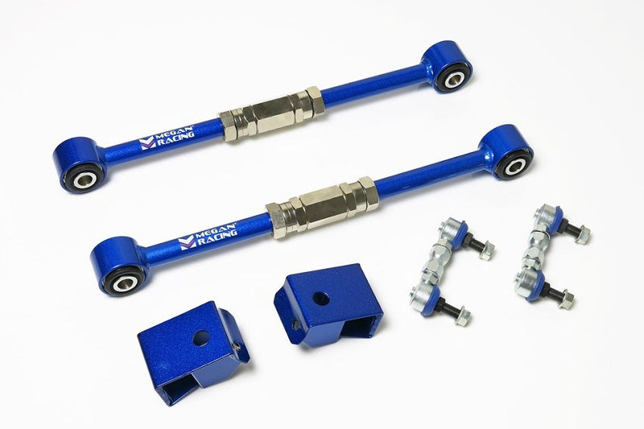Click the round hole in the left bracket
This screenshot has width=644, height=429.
(201, 338)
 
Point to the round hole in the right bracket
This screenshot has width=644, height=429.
(320, 299)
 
